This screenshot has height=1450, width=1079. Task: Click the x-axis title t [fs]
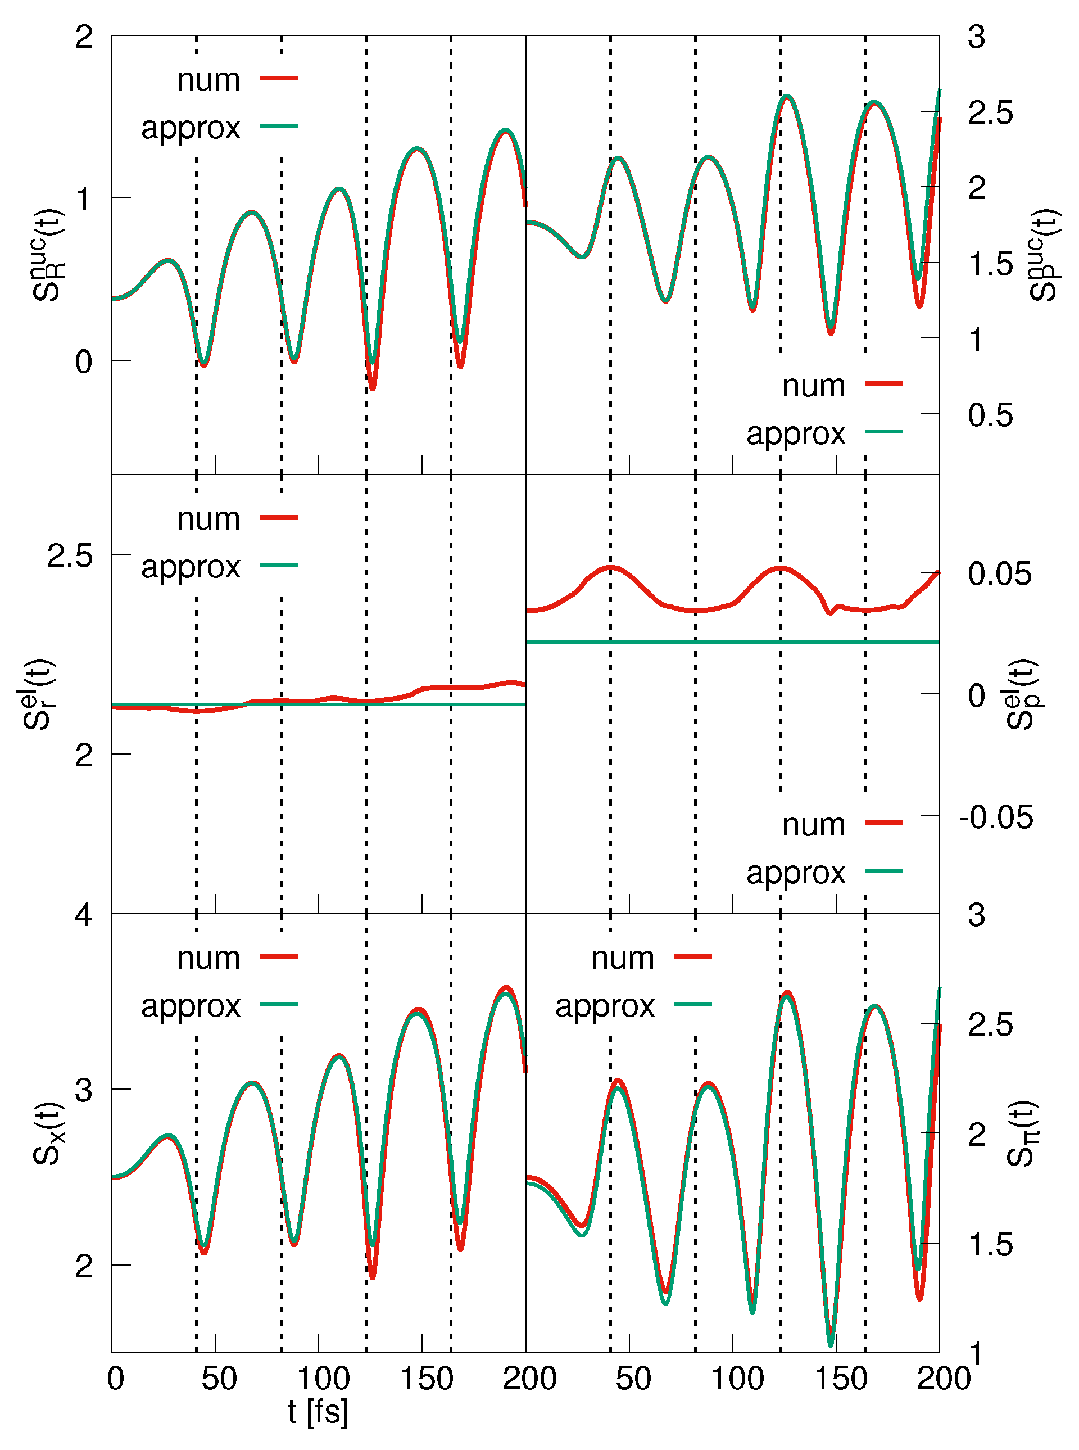318,1412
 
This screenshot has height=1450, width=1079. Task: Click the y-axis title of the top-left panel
48,255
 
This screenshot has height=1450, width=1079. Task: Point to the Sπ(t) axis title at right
1023,1133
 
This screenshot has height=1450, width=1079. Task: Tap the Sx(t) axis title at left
48,1133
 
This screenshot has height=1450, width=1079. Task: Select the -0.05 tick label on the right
996,817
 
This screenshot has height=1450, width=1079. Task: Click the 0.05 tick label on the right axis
999,573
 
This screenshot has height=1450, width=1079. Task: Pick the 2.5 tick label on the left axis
70,555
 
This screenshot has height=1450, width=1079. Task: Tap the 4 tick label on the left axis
84,914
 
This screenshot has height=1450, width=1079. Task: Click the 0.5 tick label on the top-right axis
990,415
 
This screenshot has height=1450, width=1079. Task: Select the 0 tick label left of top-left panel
84,362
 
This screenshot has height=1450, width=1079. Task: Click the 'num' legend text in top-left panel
208,80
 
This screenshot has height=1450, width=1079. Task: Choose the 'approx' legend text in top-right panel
796,433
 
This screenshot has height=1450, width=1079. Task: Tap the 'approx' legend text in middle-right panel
796,873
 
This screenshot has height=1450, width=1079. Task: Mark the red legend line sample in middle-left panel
279,517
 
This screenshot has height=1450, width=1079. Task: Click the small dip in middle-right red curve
830,612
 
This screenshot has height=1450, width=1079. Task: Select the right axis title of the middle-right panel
1023,694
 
